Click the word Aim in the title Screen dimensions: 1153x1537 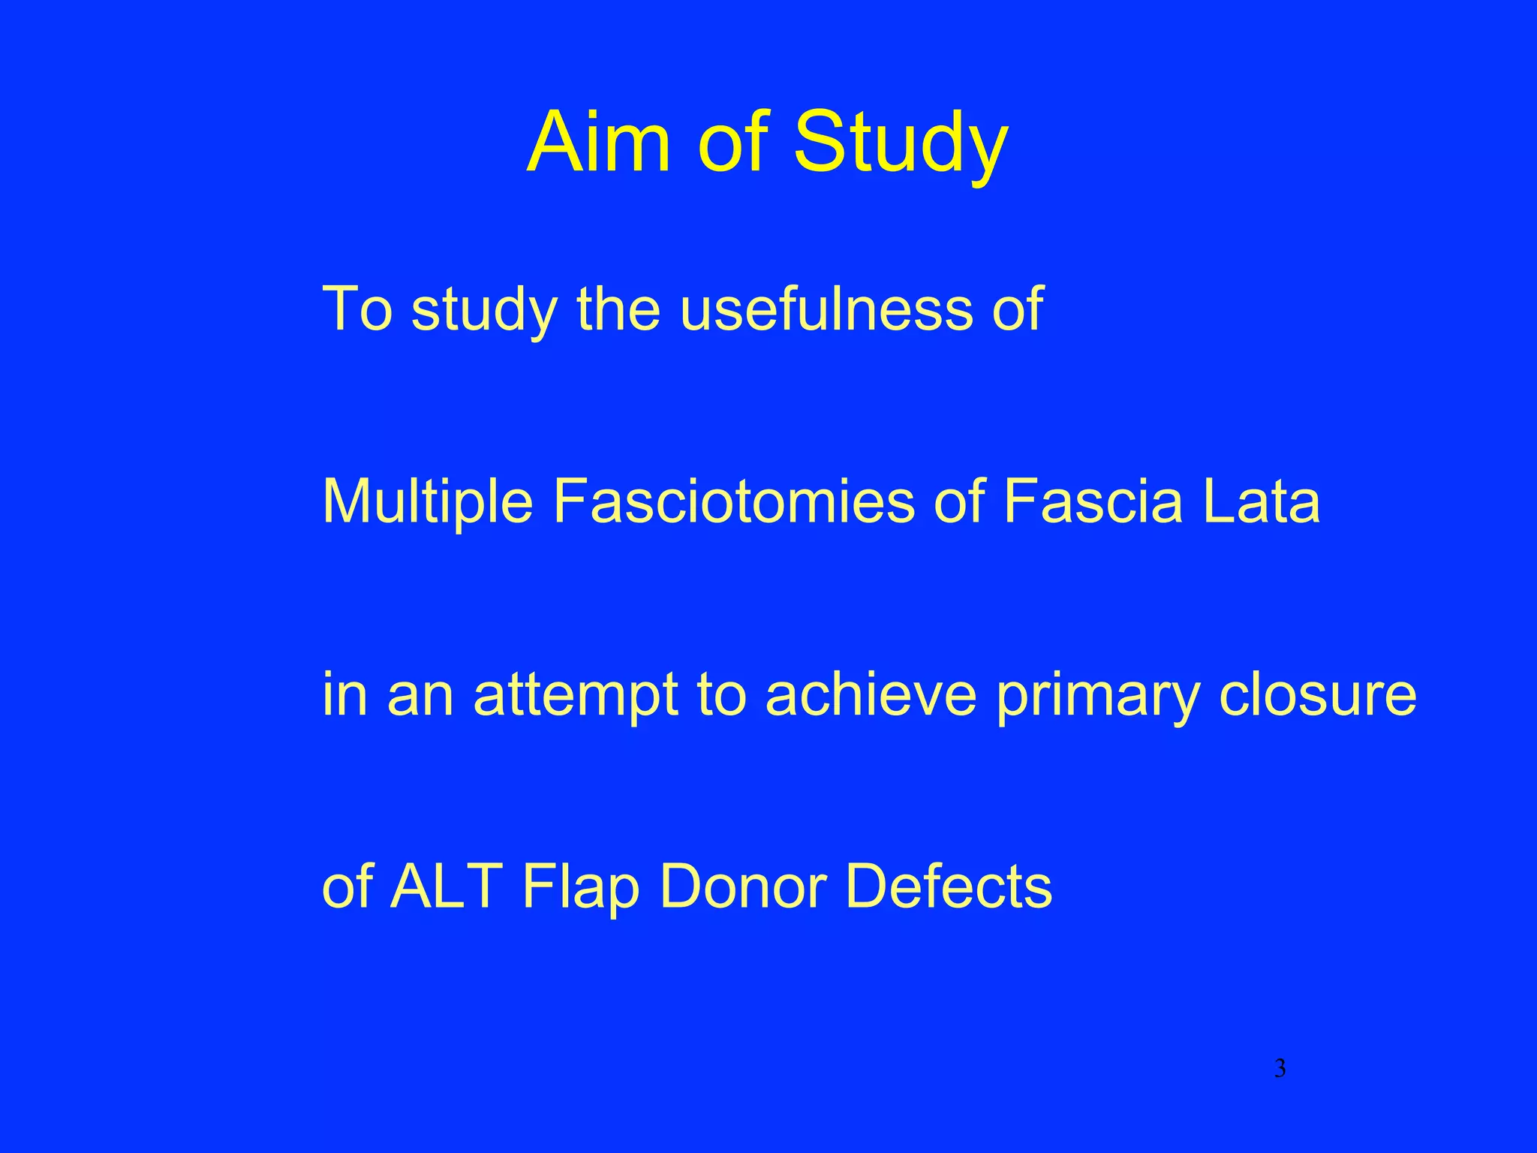click(x=597, y=143)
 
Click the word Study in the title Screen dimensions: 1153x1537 click(x=900, y=144)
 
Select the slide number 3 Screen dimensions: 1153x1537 click(x=1280, y=1067)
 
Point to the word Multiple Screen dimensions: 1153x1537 click(x=427, y=501)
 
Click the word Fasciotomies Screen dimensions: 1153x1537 click(x=733, y=501)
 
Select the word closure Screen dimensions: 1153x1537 click(x=1317, y=694)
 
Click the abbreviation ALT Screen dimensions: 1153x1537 click(x=446, y=886)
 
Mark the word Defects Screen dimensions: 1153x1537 click(x=949, y=886)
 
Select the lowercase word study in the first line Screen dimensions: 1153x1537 click(x=484, y=309)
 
